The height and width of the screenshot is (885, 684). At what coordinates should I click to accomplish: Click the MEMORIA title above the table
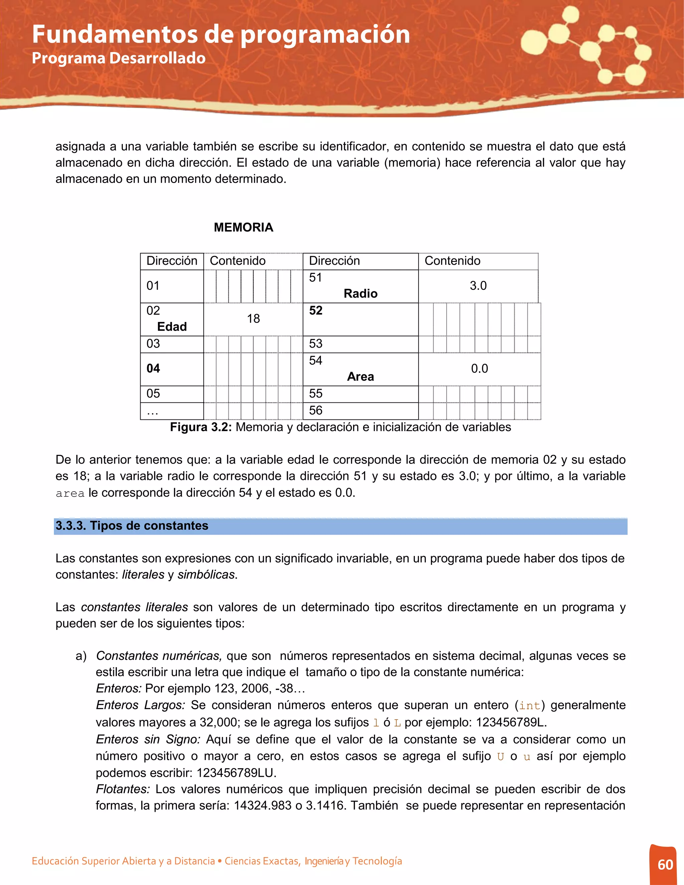tap(243, 227)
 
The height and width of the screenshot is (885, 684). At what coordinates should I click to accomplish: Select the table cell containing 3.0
tap(478, 286)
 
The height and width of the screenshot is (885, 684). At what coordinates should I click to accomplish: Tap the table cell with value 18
tap(253, 319)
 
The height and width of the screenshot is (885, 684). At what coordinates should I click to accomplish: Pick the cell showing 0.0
tap(479, 369)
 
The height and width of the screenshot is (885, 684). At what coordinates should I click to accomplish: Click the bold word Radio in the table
tap(360, 294)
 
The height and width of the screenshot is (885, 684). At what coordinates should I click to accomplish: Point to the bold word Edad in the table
tap(172, 327)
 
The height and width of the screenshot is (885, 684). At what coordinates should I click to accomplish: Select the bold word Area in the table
tap(360, 377)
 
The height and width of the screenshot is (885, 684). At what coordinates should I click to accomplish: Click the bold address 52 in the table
tap(316, 311)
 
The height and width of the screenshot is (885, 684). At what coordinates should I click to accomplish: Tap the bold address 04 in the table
tap(153, 369)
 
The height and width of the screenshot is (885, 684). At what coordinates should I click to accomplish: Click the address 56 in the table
tap(316, 410)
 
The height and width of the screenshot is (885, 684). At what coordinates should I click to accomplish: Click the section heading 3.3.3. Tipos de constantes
tap(132, 526)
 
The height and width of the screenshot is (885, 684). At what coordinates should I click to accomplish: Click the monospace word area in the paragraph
tap(70, 494)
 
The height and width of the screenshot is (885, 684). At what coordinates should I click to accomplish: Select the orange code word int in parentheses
tap(530, 706)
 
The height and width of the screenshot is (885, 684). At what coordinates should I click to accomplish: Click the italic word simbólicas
tap(206, 575)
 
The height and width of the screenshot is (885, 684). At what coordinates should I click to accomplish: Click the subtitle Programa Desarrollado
tap(119, 58)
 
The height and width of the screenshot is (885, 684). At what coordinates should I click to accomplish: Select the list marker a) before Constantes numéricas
tap(81, 656)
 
